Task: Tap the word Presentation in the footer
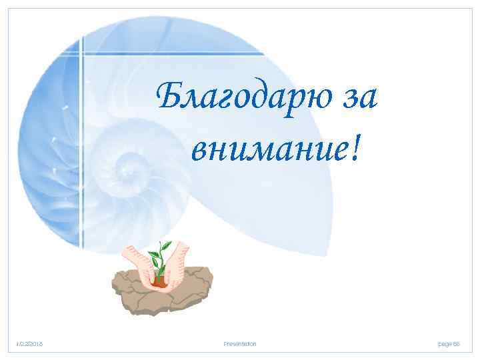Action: point(240,343)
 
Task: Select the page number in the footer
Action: point(448,343)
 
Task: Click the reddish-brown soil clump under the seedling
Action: point(158,282)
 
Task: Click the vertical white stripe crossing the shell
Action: point(83,133)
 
